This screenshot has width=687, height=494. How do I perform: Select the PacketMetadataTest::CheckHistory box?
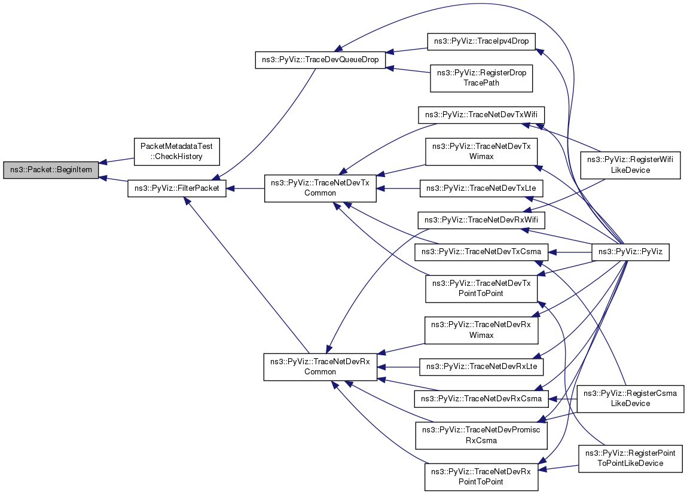tap(176, 152)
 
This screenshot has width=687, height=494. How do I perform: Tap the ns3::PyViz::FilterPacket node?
tap(177, 188)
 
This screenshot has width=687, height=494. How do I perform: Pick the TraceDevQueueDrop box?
tap(320, 60)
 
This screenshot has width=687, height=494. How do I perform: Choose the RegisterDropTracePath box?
tap(481, 78)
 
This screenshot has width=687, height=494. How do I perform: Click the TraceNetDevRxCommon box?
tap(320, 367)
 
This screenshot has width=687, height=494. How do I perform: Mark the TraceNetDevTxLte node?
tap(481, 188)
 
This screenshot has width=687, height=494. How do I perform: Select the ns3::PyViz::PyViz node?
tap(630, 252)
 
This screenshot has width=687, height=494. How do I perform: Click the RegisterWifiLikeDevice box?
tap(632, 164)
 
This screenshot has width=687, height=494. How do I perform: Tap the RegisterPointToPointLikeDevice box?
tap(630, 459)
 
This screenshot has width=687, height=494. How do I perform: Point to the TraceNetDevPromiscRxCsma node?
tap(481, 435)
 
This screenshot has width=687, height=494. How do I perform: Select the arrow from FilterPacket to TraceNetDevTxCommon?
tap(245, 188)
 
